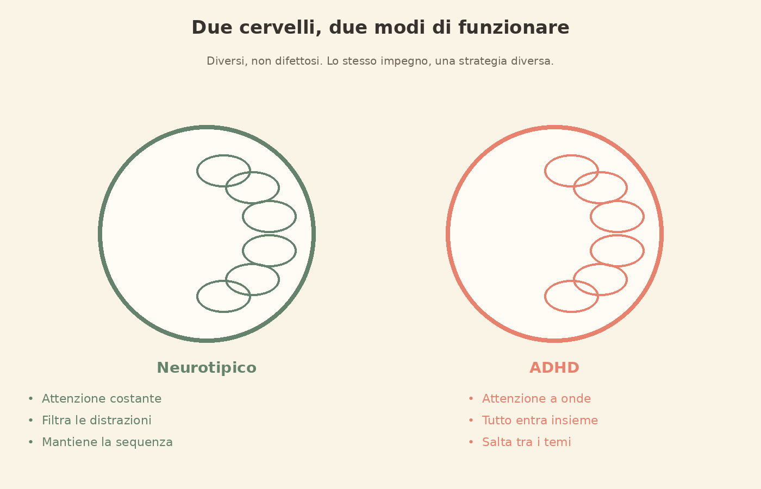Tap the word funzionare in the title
[x=514, y=28]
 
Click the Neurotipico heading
[x=207, y=368]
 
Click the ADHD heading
[x=554, y=368]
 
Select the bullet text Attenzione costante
[x=102, y=398]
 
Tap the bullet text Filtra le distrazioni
[x=97, y=420]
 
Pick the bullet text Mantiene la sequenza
[x=108, y=442]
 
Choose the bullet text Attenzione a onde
[x=537, y=398]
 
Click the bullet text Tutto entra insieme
[x=540, y=420]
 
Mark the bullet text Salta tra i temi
[x=527, y=442]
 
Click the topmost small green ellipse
[x=223, y=155]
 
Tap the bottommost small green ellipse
[x=223, y=312]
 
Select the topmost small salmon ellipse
[x=571, y=155]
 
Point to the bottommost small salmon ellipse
[x=571, y=312]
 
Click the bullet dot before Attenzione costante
[x=30, y=398]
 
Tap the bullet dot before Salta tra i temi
[x=471, y=442]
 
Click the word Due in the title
[x=212, y=28]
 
